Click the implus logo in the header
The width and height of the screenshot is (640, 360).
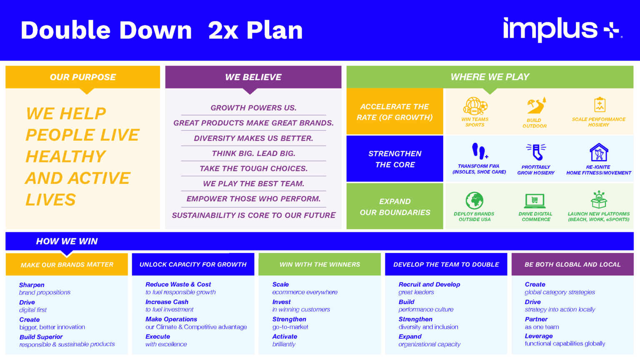[562, 30]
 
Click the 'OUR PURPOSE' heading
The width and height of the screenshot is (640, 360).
[82, 77]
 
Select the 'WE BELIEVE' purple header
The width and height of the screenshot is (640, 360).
[253, 77]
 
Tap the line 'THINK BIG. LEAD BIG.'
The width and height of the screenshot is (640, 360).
[253, 153]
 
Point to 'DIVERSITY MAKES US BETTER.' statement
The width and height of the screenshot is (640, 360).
[253, 138]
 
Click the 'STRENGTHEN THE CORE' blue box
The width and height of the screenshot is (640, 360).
[395, 159]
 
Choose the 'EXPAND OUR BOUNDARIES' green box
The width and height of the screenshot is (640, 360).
[395, 207]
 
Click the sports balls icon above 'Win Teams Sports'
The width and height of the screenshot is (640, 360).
[475, 106]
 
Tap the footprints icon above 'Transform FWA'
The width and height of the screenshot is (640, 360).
[479, 151]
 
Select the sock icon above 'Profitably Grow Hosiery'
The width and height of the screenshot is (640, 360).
[536, 152]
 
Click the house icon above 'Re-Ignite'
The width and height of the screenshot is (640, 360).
[599, 152]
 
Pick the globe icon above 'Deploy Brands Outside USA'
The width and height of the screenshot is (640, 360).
[474, 201]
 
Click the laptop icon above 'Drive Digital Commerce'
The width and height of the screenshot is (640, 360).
[535, 201]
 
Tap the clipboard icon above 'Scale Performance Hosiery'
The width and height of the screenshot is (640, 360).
[599, 105]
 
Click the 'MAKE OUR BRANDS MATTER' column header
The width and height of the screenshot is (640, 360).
[67, 265]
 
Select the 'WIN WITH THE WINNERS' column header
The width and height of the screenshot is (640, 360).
[320, 265]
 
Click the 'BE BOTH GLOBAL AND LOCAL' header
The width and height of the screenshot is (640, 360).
[572, 265]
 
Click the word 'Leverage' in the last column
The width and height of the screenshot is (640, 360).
[539, 336]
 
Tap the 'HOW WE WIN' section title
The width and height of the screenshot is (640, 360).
[67, 241]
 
